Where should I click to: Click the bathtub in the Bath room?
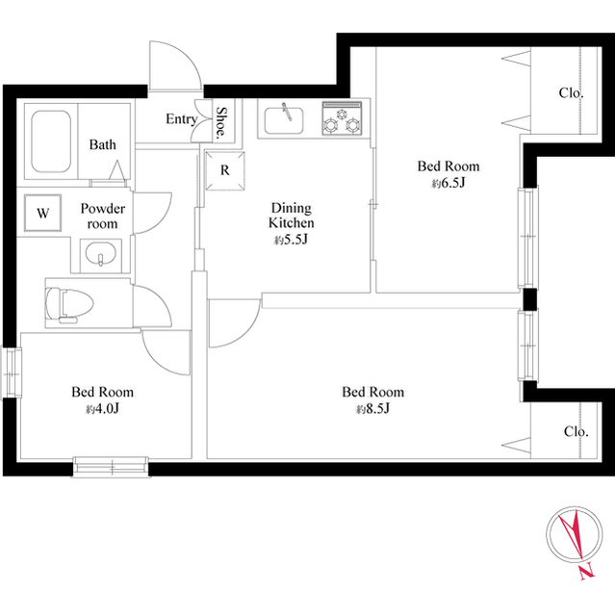[51, 141]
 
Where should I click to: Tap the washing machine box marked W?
[42, 213]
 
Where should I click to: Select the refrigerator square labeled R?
[225, 171]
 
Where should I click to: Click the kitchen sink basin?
[284, 120]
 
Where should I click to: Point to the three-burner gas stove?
[342, 118]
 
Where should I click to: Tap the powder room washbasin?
[100, 254]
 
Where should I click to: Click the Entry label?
[182, 118]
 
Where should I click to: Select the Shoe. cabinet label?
[222, 121]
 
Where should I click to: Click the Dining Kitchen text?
[292, 215]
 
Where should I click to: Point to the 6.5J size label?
[448, 183]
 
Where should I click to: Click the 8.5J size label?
[372, 409]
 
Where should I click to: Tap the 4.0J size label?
[102, 409]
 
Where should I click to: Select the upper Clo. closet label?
[571, 93]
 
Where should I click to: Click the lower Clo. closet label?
[577, 431]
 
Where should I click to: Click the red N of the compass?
[587, 572]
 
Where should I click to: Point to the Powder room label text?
[102, 216]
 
